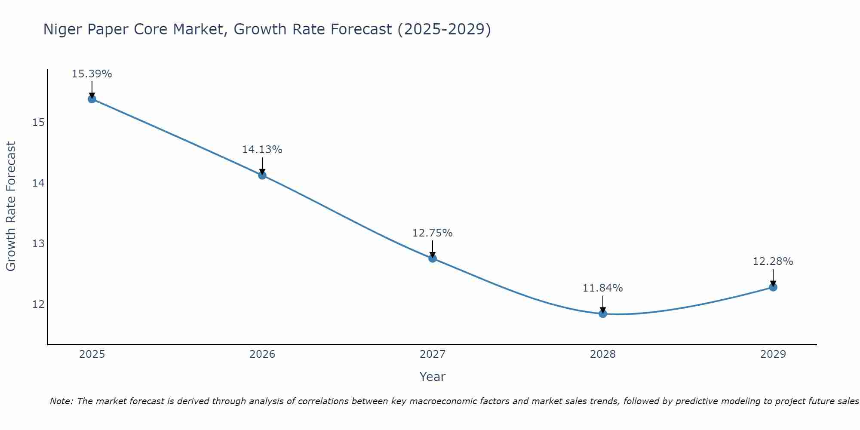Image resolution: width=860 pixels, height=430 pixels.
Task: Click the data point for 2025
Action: pos(92,99)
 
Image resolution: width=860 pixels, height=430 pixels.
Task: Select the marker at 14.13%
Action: pos(262,175)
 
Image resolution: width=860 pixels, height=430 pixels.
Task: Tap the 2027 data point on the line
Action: pos(433,258)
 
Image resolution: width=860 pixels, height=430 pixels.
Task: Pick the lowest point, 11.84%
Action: pos(603,313)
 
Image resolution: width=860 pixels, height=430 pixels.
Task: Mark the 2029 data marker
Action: pos(773,287)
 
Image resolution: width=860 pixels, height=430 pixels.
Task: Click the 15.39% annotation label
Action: pos(92,74)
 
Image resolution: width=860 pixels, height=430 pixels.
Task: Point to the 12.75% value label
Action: pos(432,233)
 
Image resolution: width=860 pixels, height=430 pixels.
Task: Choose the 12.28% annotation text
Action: pos(773,261)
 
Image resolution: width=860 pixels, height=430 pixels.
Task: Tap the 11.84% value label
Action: pos(602,288)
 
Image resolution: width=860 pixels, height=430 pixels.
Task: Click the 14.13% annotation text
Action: pos(262,150)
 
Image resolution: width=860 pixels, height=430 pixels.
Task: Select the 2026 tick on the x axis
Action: pos(262,354)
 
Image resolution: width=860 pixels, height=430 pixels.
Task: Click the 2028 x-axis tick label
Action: pos(603,354)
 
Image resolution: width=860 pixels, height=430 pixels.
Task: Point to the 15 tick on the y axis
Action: pos(39,123)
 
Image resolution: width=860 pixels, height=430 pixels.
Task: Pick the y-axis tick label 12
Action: pos(39,304)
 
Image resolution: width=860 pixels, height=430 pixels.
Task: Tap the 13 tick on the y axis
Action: pos(39,244)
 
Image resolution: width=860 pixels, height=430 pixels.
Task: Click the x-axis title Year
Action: pos(432,377)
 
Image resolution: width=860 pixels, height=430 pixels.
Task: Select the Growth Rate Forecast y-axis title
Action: pos(11,206)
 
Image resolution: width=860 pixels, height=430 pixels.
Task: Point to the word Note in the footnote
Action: pos(61,401)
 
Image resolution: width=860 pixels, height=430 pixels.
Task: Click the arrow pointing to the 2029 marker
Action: pos(773,277)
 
